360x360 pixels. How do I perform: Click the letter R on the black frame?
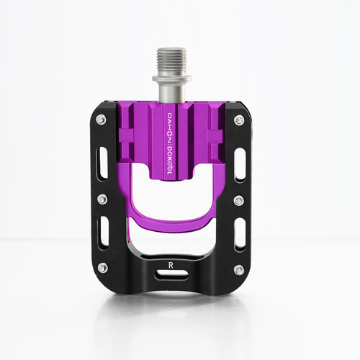click(171, 265)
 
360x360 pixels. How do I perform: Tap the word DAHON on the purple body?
click(169, 127)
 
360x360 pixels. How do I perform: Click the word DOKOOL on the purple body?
click(169, 161)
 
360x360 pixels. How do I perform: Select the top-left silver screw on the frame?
click(102, 120)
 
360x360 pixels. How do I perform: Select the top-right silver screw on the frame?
click(239, 120)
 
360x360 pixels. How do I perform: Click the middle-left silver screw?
click(102, 199)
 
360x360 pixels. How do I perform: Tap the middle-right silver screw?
click(238, 200)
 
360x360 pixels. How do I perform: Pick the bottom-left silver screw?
click(103, 267)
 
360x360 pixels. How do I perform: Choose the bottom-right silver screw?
click(239, 269)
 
